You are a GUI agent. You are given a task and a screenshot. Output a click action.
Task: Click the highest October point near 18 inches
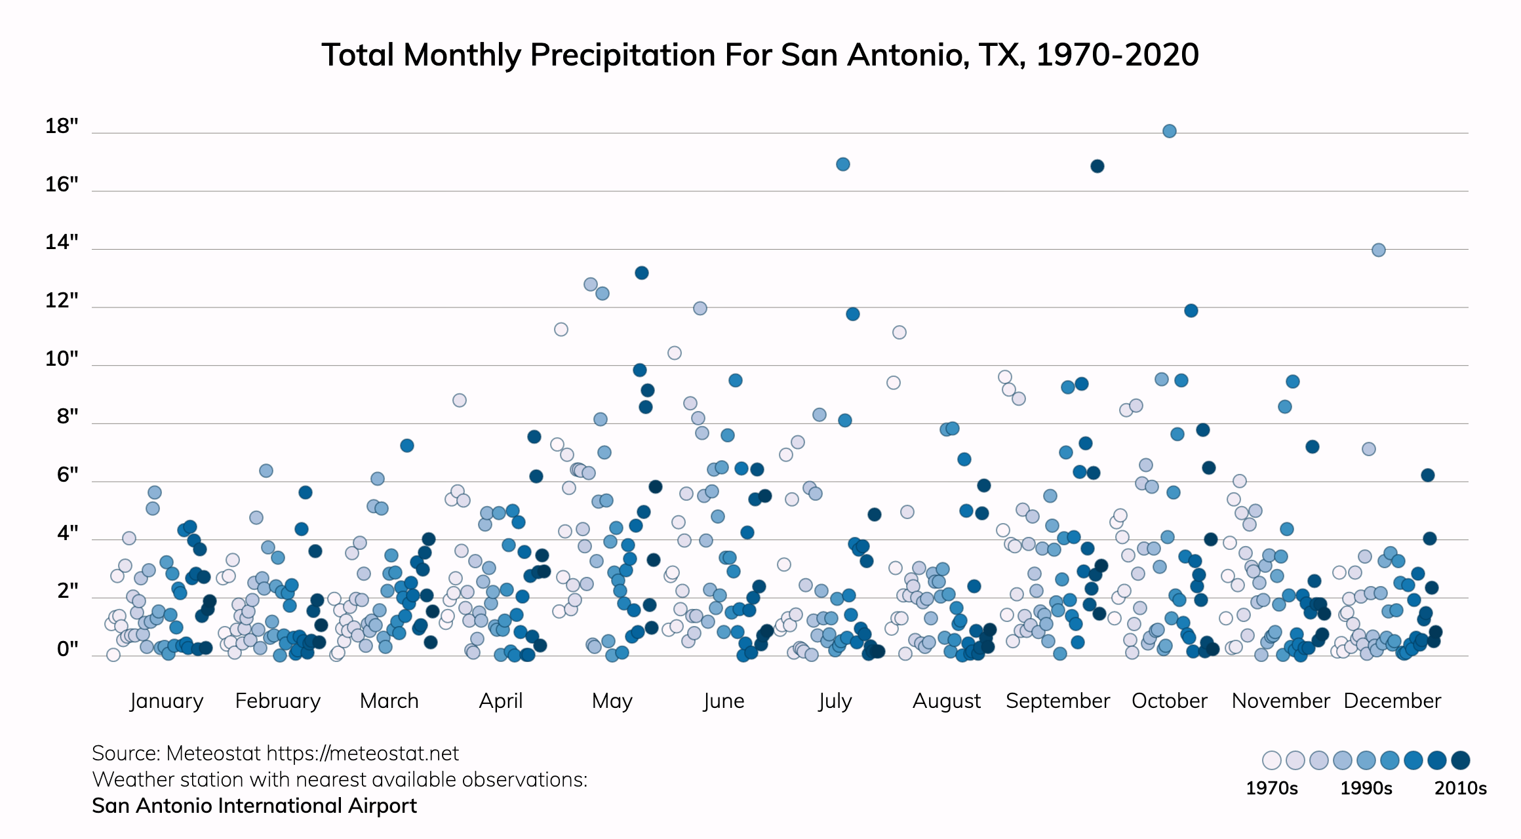[1169, 131]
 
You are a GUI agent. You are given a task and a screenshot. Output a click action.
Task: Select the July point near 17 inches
[843, 164]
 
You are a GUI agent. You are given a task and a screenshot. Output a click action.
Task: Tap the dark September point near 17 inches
[1097, 166]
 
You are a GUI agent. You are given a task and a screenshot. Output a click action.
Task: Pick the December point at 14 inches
[1379, 250]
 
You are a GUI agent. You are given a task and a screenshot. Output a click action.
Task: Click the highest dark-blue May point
[642, 273]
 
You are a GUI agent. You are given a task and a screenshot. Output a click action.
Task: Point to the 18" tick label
[62, 126]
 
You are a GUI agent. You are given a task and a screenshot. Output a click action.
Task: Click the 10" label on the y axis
[62, 359]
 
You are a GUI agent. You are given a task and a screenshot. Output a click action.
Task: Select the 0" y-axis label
[68, 649]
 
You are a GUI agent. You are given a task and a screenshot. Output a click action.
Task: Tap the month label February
[278, 701]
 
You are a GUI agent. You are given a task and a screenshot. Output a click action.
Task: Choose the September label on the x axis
[1057, 701]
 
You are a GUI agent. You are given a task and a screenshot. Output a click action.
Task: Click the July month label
[835, 701]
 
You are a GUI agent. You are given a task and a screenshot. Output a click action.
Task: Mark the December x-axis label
[1392, 701]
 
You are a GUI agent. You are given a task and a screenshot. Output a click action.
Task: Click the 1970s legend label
[1271, 788]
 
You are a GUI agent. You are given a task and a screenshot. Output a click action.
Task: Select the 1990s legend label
[1366, 788]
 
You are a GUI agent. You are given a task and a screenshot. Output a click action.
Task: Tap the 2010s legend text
[1460, 788]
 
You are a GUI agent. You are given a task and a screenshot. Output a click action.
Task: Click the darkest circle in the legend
[1460, 760]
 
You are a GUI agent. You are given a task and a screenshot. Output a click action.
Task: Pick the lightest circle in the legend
[1271, 760]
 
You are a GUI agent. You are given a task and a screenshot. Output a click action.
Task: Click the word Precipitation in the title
[622, 55]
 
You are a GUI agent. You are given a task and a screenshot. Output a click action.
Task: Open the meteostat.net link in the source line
[363, 754]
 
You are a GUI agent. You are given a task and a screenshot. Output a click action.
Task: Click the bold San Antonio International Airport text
[254, 806]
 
